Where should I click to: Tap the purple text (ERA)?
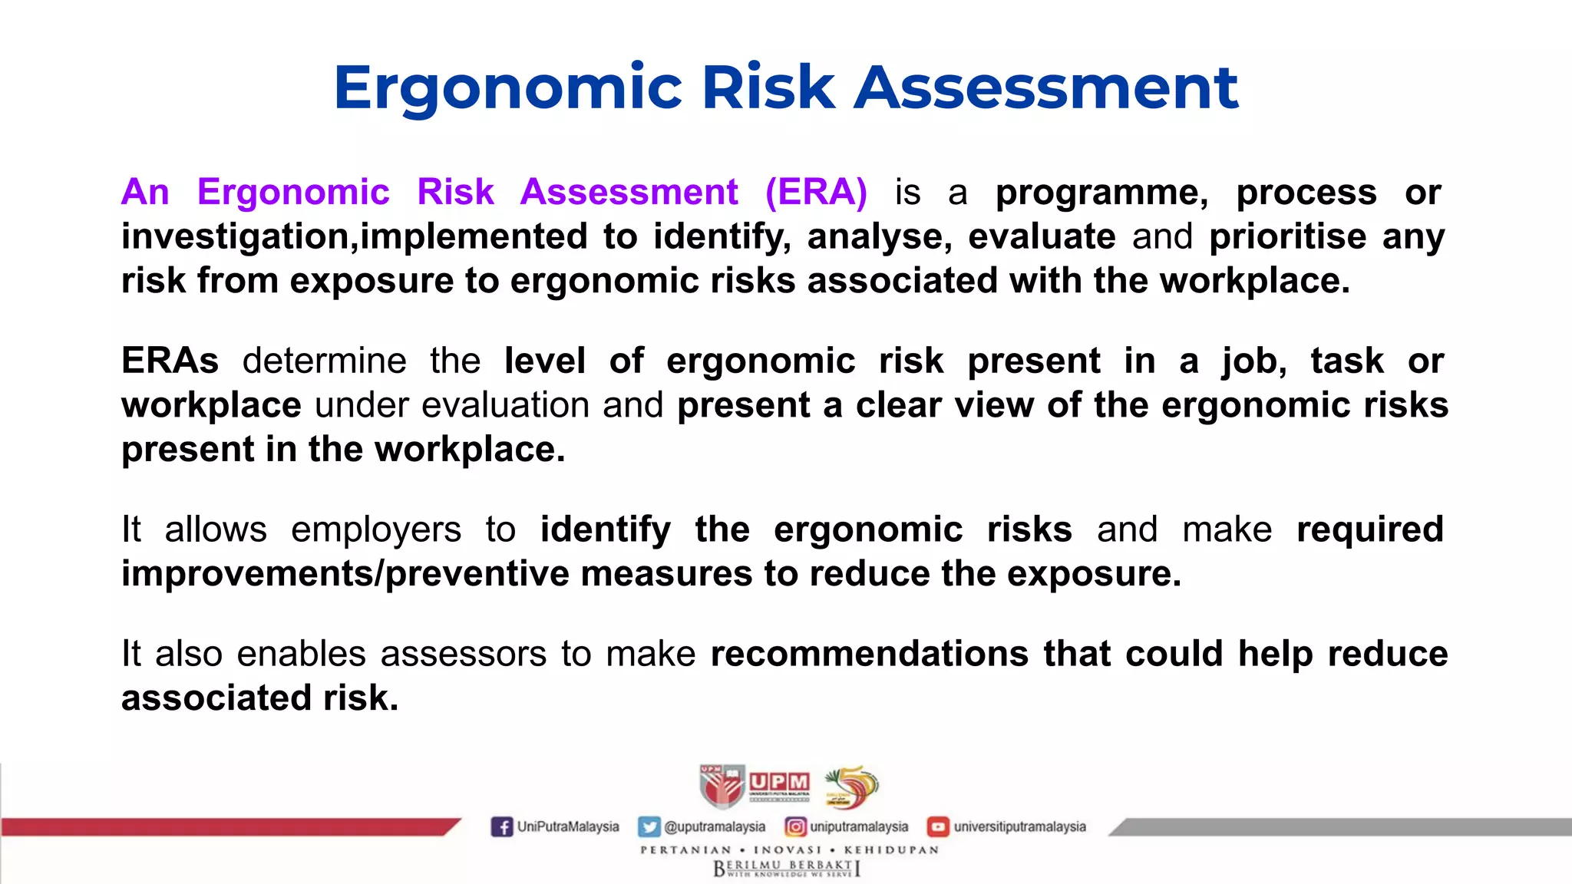click(816, 192)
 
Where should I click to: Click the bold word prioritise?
click(1287, 236)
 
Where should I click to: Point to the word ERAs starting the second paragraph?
click(170, 361)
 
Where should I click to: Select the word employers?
click(376, 529)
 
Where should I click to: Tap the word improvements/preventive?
click(345, 574)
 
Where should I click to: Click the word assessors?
click(463, 654)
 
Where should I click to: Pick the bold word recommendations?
click(869, 654)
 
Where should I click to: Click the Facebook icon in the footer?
click(501, 827)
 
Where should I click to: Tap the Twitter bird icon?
click(649, 827)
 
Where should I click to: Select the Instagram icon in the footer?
click(795, 827)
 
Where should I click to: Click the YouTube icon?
click(937, 827)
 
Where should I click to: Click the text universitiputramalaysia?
click(1019, 827)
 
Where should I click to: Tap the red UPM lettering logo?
click(779, 783)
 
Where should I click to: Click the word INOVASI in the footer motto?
click(788, 850)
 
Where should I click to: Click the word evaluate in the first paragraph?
click(1042, 236)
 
